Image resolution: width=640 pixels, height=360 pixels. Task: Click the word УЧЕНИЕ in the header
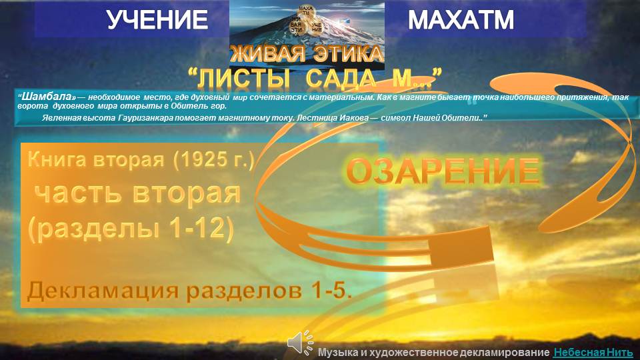157,20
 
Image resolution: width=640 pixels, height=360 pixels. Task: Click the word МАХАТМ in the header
461,20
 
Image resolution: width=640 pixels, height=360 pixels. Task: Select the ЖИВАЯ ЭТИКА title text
307,54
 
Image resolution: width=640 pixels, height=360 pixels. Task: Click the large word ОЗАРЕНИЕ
443,173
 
